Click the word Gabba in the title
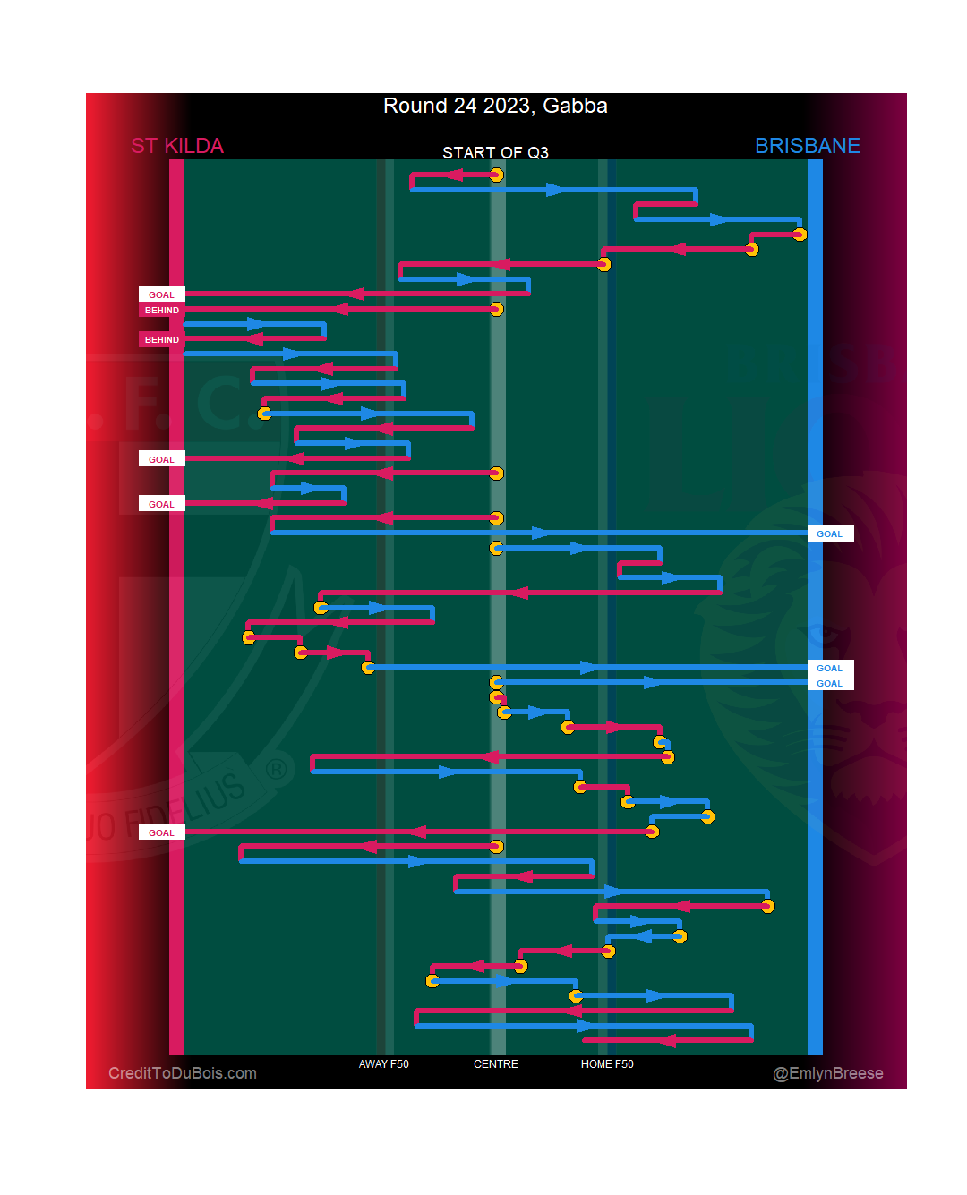575,106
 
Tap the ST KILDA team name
177,146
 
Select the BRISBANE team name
807,146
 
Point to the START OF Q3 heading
495,153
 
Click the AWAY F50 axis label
383,1064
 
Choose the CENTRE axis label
495,1064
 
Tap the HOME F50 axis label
607,1064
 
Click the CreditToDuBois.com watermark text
183,1073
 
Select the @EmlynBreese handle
827,1073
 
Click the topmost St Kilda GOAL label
161,294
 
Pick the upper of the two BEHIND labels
161,310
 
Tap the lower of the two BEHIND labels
161,339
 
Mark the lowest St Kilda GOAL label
161,832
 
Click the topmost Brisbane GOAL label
829,533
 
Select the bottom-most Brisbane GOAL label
829,683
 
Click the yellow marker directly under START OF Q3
496,175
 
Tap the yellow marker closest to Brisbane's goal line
800,235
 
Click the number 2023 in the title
507,106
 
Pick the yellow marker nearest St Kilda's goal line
249,637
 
